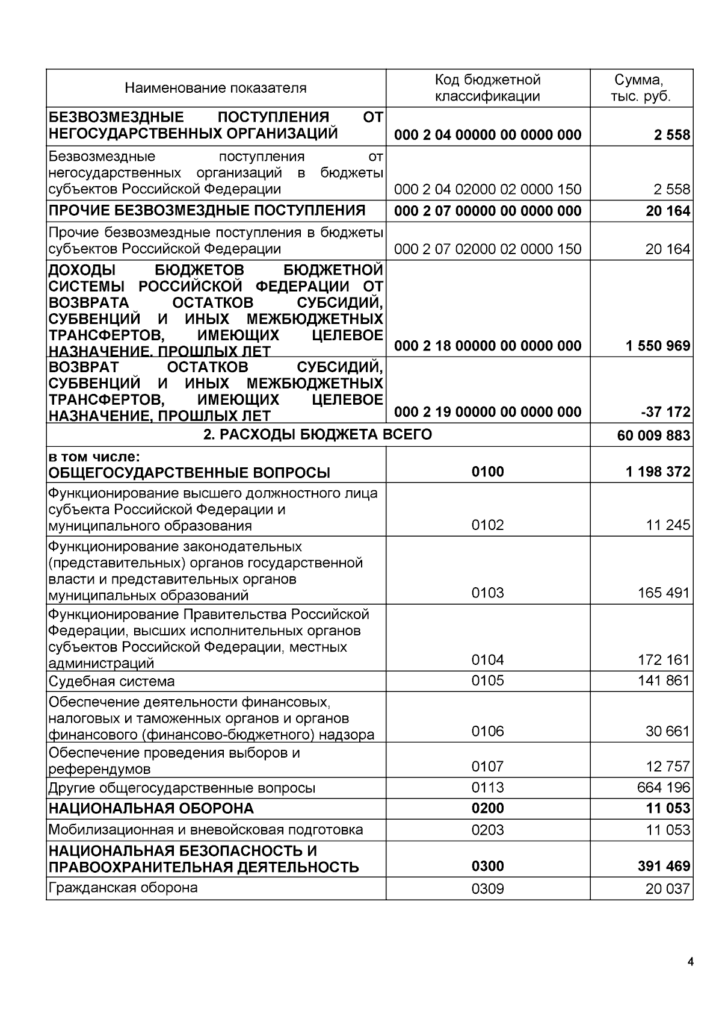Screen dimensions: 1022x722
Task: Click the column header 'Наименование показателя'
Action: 215,89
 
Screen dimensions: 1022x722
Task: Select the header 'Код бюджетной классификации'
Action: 487,89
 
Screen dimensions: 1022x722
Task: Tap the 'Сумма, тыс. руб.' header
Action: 640,89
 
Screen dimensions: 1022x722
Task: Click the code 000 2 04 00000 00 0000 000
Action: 487,135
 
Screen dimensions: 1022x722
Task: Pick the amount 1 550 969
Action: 658,346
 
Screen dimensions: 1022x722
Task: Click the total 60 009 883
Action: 653,435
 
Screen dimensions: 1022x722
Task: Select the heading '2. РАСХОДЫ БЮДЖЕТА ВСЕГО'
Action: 318,434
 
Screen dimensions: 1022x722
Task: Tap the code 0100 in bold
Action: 487,472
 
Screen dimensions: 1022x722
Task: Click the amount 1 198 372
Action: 658,472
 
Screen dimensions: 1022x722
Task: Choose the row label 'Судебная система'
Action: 112,682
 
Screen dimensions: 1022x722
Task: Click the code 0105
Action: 487,681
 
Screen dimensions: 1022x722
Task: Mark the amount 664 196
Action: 664,788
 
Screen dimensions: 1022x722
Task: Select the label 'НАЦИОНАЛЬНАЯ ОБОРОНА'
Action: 151,808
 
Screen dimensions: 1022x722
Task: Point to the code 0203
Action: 487,830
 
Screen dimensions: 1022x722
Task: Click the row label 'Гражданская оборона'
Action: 123,888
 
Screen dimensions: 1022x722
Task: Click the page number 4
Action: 690,962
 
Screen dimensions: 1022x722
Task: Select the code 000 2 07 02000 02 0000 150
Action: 487,249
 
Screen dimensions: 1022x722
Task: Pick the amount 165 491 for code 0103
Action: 664,593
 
